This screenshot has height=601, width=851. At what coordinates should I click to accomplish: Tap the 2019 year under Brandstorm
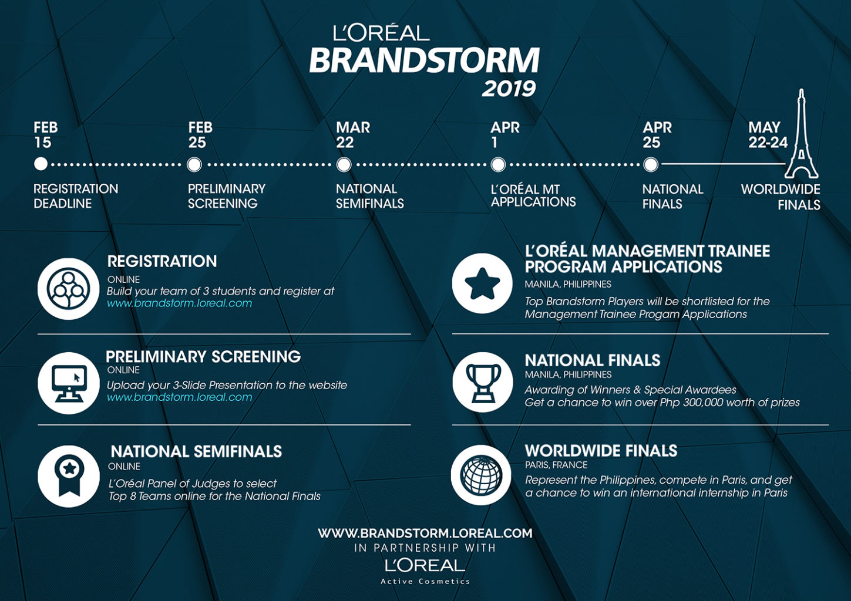509,89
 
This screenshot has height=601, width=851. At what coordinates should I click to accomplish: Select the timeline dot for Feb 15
41,164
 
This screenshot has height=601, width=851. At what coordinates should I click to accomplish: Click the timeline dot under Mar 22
344,165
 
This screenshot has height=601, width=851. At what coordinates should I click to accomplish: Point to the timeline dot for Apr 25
650,165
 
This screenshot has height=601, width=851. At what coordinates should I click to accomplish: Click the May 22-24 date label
768,135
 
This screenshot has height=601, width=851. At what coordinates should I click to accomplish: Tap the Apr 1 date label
505,135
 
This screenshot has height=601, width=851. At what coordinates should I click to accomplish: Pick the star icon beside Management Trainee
482,283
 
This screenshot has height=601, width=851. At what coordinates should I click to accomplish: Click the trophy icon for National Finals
483,382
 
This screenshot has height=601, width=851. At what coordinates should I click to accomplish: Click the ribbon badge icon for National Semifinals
68,476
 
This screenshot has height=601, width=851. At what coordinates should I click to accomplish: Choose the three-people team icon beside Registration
68,289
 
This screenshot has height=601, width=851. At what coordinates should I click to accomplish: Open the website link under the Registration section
179,303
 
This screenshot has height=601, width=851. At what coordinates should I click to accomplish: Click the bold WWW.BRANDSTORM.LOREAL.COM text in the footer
425,533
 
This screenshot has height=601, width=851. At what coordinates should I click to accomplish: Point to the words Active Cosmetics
425,581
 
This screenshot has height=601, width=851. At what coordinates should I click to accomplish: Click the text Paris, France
556,465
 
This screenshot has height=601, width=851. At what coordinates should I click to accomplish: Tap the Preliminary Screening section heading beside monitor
203,356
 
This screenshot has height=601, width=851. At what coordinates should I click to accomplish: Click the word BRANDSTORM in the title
425,60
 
